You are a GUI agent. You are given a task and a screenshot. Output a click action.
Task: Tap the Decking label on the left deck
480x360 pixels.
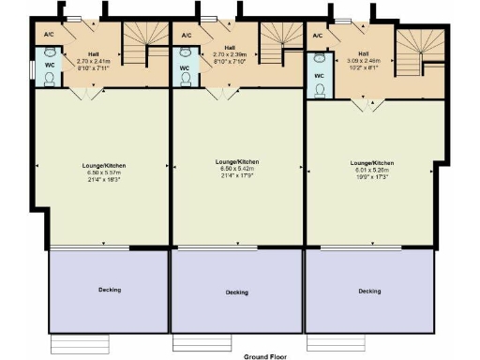point(110,290)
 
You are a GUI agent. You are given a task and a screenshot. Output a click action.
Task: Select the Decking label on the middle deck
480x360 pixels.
point(236,292)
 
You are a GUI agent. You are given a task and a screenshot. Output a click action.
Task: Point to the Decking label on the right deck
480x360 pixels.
point(369,291)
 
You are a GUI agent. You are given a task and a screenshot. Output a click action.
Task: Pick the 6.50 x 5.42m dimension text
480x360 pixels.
point(237,169)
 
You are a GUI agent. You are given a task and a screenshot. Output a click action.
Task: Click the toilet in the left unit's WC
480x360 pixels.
point(52,77)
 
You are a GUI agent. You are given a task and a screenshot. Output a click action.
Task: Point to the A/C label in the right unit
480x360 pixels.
point(317,36)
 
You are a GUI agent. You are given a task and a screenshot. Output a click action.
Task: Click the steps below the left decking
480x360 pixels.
point(79,343)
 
